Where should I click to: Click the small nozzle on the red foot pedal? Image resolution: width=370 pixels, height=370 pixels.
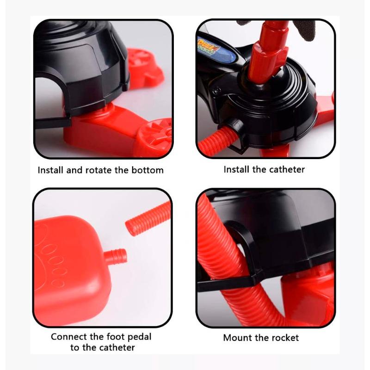115,257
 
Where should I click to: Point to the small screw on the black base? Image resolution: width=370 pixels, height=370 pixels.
216,90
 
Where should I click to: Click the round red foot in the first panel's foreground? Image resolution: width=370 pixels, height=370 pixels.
155,136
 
